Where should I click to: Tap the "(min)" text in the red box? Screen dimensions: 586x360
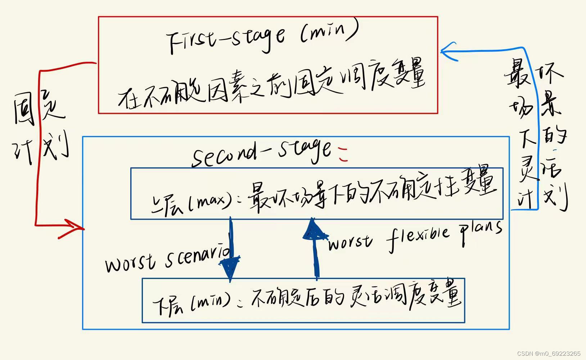click(x=329, y=33)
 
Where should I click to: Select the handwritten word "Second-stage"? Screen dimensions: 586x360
click(x=261, y=153)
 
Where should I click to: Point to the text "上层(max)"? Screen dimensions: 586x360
click(x=191, y=202)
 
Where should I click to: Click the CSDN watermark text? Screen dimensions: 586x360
click(x=549, y=353)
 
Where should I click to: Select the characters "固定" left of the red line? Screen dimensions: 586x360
click(x=38, y=108)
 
